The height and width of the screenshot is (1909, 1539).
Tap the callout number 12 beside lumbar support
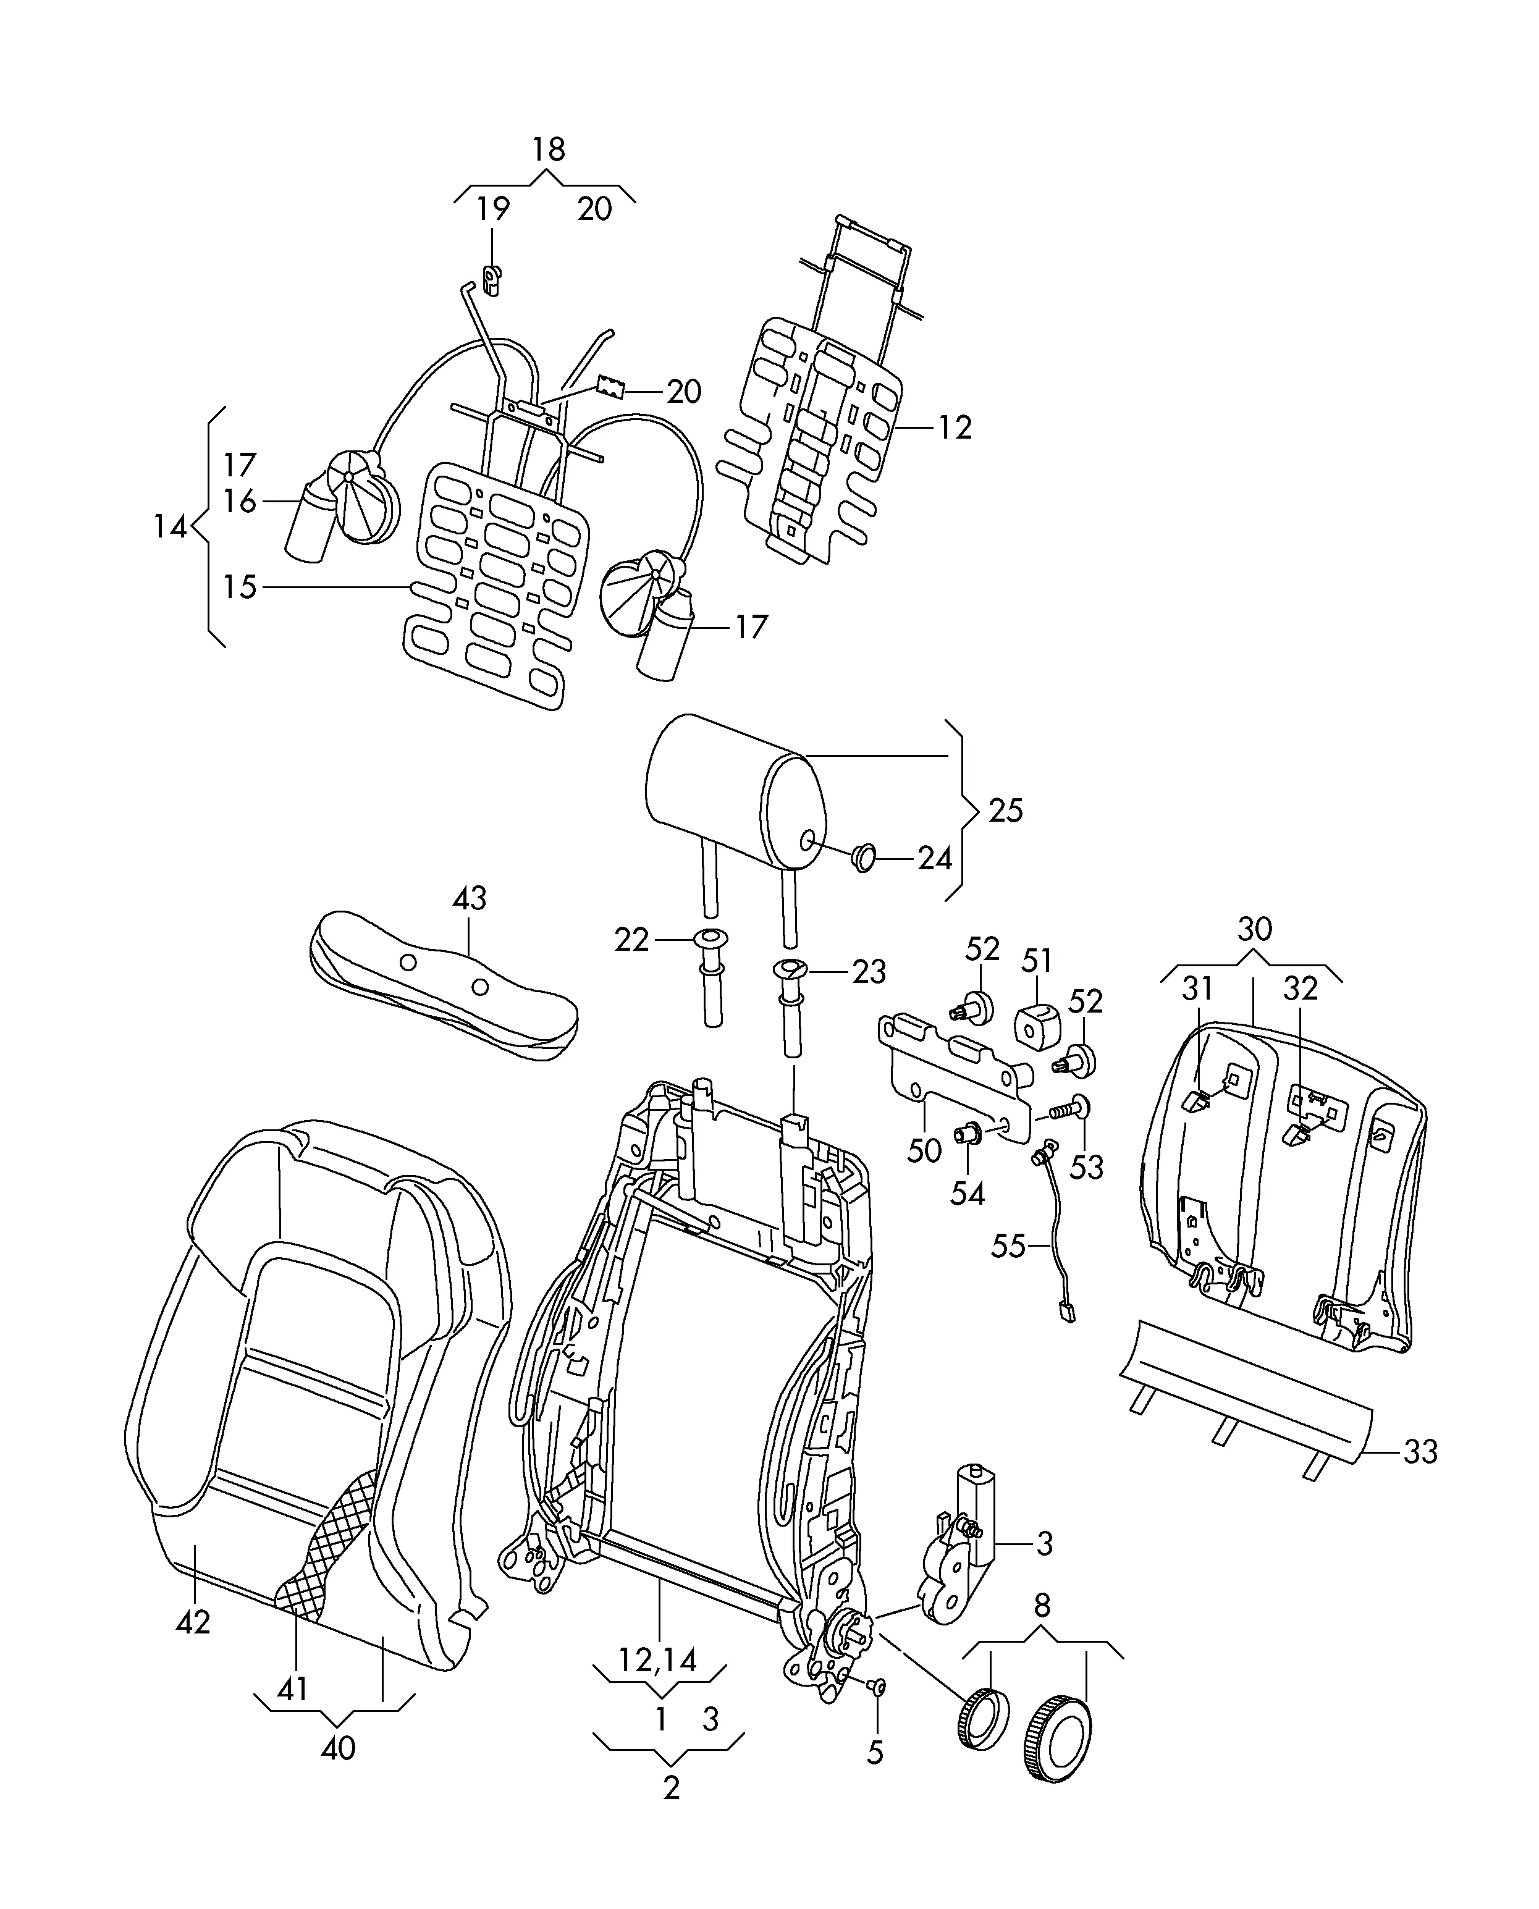click(954, 428)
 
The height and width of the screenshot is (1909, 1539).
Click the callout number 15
click(239, 587)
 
